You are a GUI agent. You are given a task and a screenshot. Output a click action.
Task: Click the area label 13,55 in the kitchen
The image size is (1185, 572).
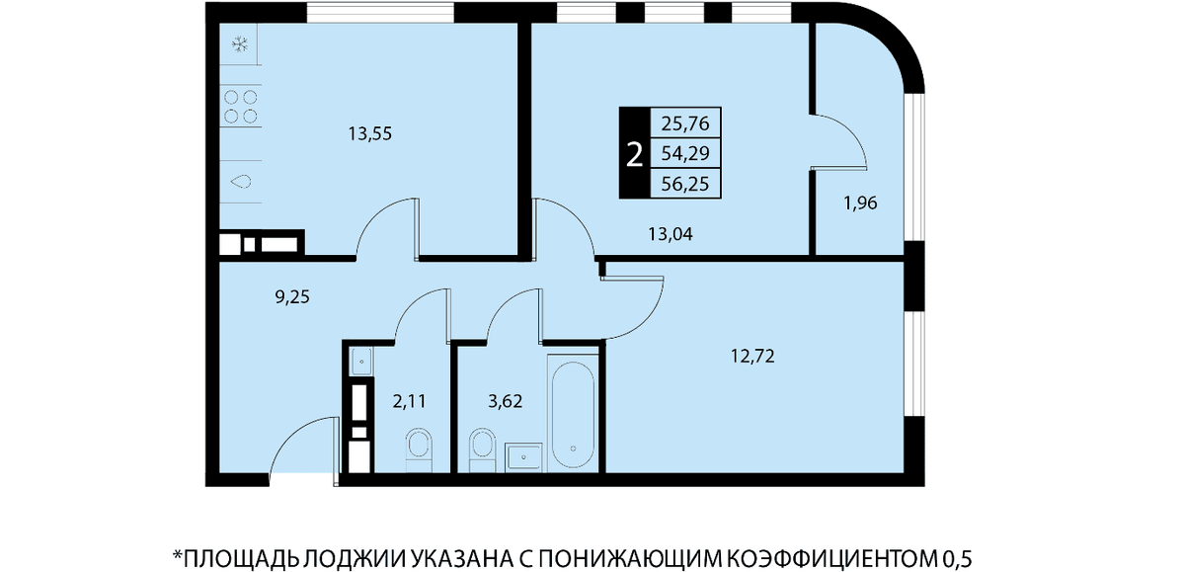pyautogui.click(x=369, y=134)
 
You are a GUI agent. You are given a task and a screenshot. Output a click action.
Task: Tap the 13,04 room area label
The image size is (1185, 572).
pyautogui.click(x=671, y=234)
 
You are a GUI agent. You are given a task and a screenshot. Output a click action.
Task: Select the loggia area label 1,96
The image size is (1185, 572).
pyautogui.click(x=860, y=203)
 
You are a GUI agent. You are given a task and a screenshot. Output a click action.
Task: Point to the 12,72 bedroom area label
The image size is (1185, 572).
pyautogui.click(x=752, y=356)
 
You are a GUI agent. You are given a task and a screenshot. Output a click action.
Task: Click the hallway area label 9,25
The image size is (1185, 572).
pyautogui.click(x=292, y=297)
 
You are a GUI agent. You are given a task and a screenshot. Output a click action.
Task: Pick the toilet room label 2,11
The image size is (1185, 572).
pyautogui.click(x=409, y=402)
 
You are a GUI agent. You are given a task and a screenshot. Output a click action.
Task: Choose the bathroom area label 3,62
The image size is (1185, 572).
pyautogui.click(x=506, y=402)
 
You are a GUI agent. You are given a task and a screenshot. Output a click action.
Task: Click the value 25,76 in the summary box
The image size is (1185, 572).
pyautogui.click(x=685, y=123)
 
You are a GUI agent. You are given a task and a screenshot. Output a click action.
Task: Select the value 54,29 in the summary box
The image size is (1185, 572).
pyautogui.click(x=685, y=153)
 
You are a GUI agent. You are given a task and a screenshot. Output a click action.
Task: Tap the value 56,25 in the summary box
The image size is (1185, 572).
pyautogui.click(x=685, y=184)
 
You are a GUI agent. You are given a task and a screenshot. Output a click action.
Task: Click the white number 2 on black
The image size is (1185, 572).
pyautogui.click(x=634, y=154)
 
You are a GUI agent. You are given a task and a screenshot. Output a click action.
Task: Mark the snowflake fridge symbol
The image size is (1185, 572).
pyautogui.click(x=241, y=44)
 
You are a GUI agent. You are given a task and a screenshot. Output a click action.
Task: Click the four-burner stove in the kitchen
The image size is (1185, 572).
pyautogui.click(x=241, y=107)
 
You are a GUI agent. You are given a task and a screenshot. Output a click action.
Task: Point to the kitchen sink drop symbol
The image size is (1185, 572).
pyautogui.click(x=241, y=182)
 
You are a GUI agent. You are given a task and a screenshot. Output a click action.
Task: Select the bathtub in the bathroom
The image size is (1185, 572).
pyautogui.click(x=573, y=414)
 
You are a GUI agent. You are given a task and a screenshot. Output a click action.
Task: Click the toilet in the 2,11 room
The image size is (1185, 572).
pyautogui.click(x=419, y=450)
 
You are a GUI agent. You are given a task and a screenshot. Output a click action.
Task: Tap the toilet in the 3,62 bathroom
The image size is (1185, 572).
pyautogui.click(x=483, y=450)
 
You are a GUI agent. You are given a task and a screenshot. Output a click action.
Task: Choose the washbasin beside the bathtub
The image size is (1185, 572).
pyautogui.click(x=523, y=456)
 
